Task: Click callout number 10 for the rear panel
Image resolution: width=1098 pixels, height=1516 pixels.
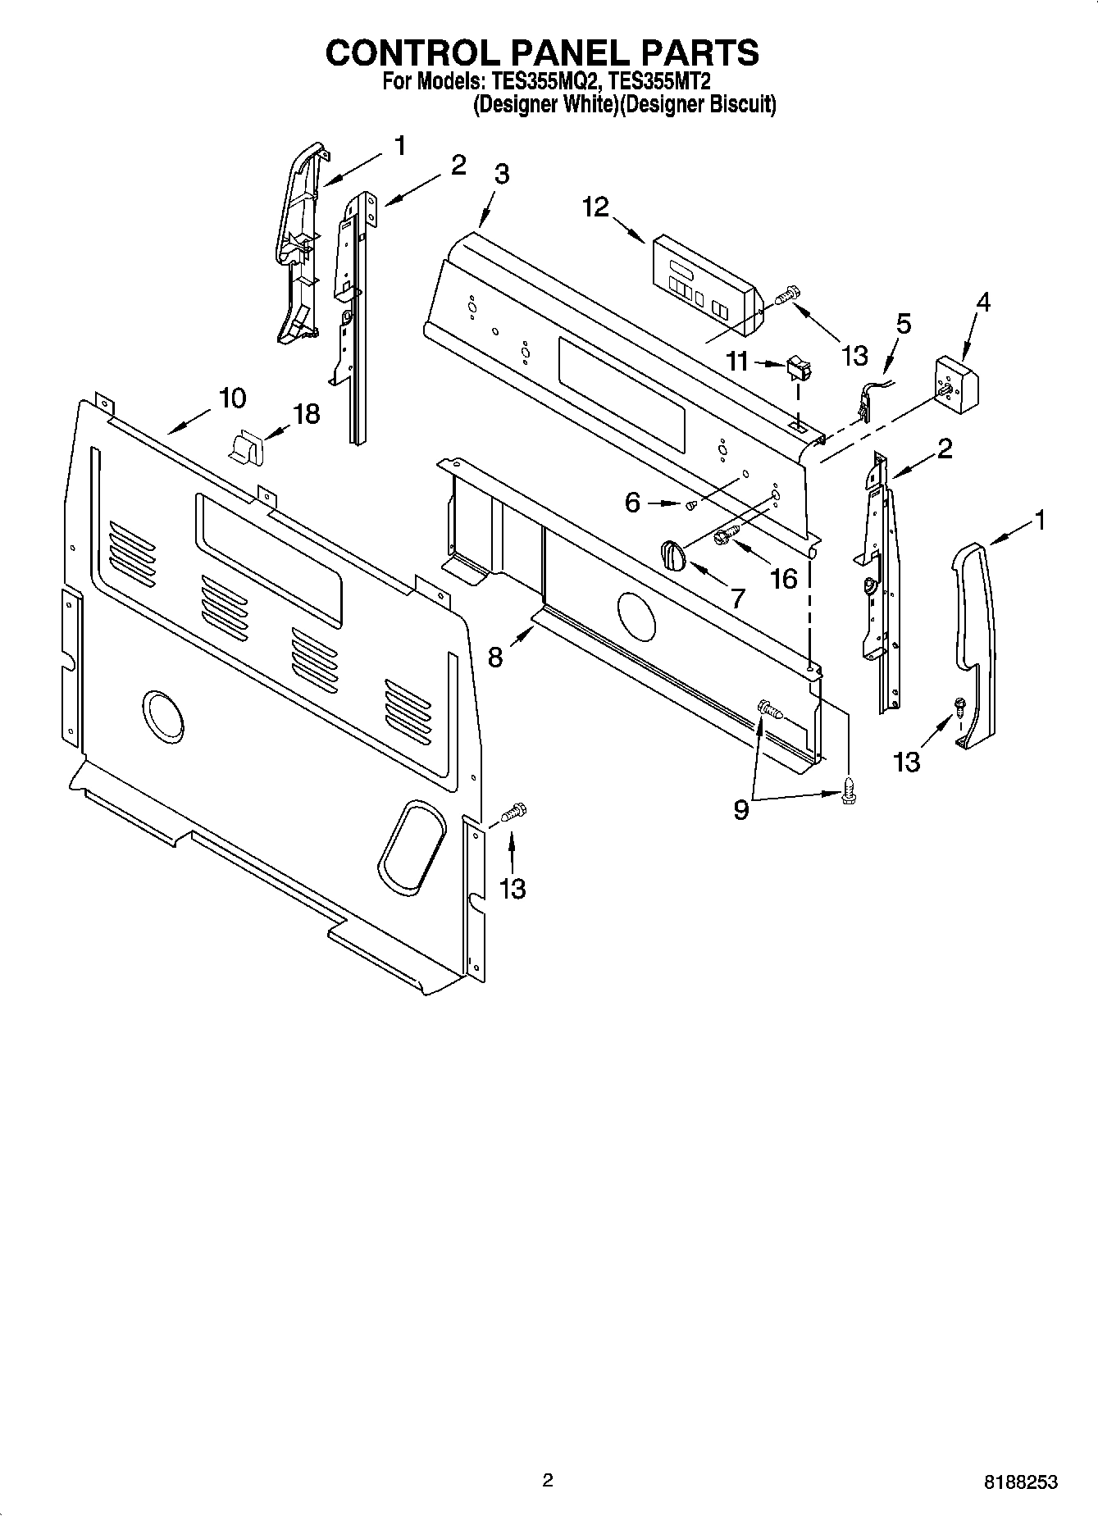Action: click(x=232, y=398)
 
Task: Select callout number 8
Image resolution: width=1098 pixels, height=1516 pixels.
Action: click(x=495, y=657)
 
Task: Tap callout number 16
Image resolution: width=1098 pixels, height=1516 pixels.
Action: click(x=784, y=578)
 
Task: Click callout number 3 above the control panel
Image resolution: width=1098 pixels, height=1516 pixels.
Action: click(x=501, y=175)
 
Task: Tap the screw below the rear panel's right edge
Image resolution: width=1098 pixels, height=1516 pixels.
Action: click(x=512, y=813)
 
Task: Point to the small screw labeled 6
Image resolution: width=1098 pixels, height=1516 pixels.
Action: click(x=691, y=505)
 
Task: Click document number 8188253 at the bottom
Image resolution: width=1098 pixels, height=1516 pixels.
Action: click(x=1021, y=1482)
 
